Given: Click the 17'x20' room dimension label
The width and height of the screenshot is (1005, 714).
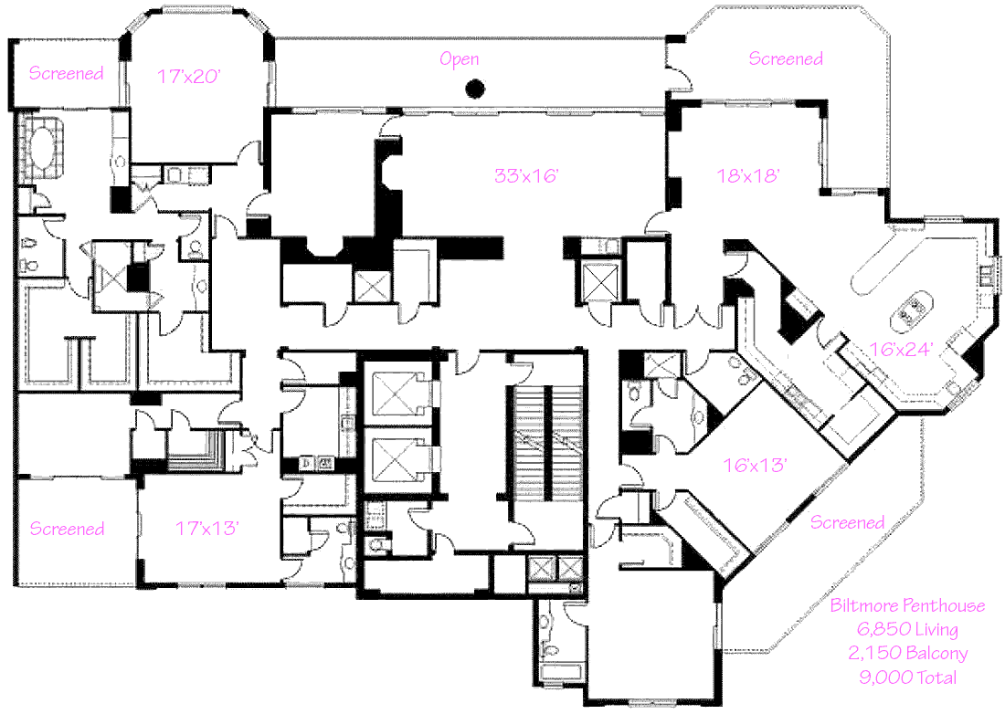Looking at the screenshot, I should [x=190, y=77].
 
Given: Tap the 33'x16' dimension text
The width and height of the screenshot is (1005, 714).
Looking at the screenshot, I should [x=525, y=176].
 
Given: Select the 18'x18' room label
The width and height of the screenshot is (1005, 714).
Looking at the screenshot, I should [x=748, y=176].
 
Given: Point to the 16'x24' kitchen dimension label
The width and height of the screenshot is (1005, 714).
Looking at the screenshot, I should [x=901, y=348].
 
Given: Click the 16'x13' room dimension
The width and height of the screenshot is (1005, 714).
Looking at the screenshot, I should [x=756, y=465].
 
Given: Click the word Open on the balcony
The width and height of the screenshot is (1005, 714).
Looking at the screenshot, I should [x=459, y=60].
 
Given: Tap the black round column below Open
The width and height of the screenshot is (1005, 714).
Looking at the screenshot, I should [x=473, y=89].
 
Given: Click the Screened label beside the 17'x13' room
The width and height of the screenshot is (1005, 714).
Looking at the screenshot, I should [x=67, y=529].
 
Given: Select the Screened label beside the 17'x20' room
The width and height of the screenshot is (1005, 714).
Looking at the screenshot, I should [x=66, y=74].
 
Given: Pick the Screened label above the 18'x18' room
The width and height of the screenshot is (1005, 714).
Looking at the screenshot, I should [x=786, y=59].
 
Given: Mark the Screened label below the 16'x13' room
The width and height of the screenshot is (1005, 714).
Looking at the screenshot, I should [x=847, y=522].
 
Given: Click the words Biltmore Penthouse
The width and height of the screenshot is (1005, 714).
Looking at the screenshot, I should [x=907, y=605].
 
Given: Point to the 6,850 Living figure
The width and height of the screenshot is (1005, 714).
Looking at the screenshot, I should [x=907, y=629].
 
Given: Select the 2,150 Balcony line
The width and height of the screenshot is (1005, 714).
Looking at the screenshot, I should [x=907, y=653].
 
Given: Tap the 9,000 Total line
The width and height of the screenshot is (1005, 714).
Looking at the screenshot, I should [x=907, y=677].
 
